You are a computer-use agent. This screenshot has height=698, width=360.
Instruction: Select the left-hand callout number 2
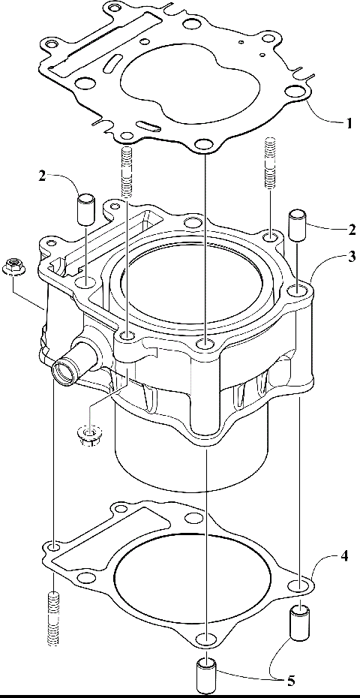click(43, 176)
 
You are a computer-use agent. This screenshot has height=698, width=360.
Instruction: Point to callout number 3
click(349, 257)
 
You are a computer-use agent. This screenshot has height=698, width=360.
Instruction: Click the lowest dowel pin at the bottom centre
click(204, 675)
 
